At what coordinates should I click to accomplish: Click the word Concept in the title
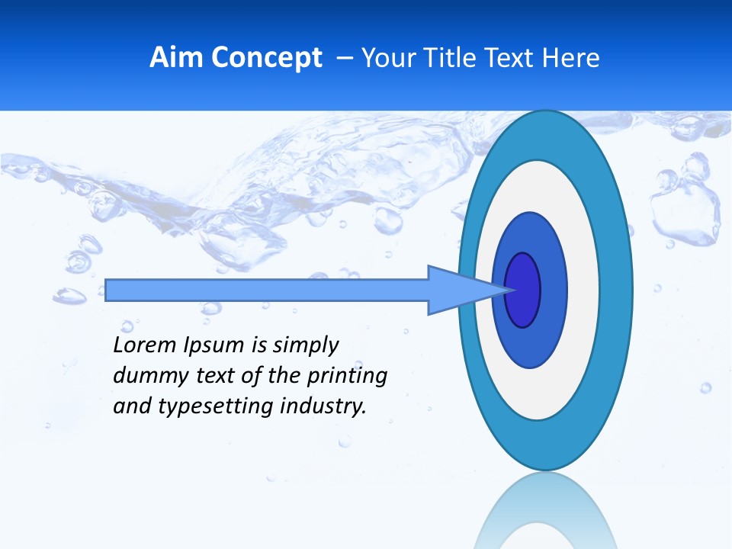(266, 58)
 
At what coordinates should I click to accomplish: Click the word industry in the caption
(323, 406)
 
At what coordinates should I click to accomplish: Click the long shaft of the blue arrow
(267, 290)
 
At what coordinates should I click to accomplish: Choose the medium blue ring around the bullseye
(552, 290)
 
